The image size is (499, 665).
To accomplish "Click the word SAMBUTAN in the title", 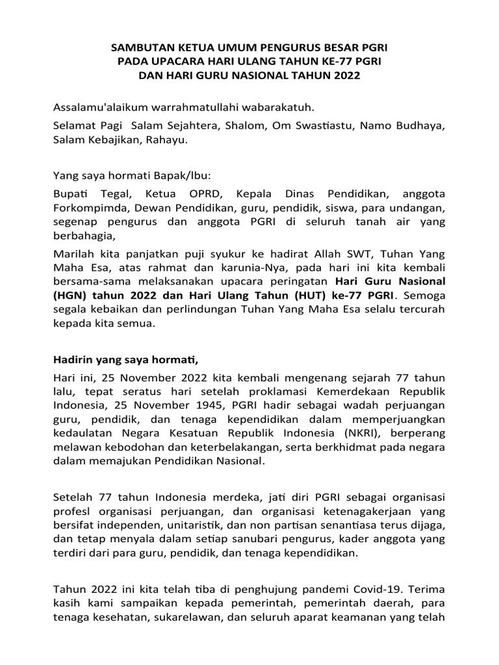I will coord(139,49).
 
